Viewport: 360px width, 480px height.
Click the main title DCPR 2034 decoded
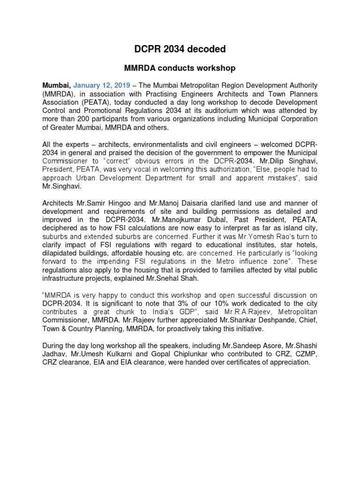coord(180,49)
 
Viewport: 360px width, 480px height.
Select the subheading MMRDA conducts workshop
coord(180,68)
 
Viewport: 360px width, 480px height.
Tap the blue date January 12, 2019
coord(102,85)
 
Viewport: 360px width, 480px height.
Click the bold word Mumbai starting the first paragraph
coord(56,85)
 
